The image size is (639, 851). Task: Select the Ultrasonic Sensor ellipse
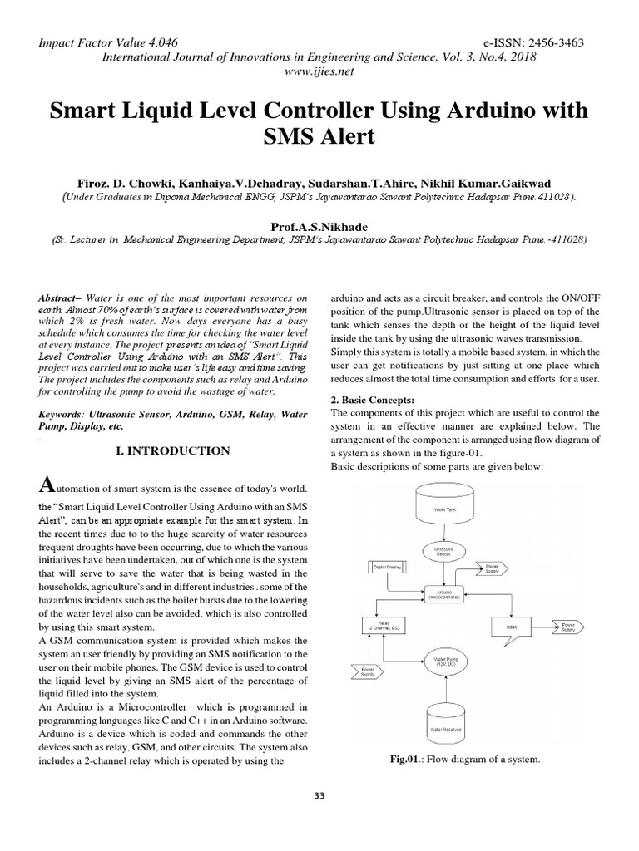[439, 550]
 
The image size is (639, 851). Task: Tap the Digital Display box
[386, 567]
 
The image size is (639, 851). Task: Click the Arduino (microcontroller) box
[439, 595]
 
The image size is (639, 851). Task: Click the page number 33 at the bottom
[319, 795]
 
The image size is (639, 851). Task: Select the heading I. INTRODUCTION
[173, 450]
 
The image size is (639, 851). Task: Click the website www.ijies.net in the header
[319, 71]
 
